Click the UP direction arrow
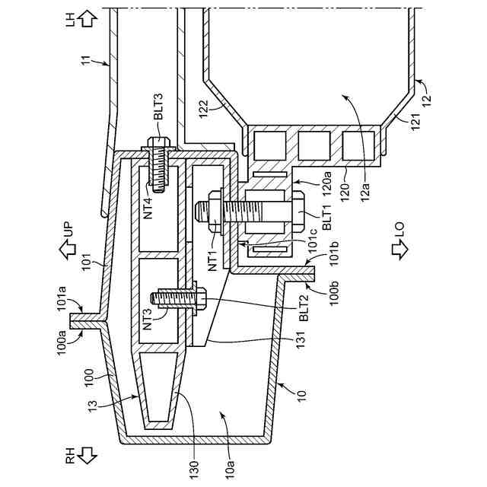pos(68,247)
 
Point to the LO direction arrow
pos(399,248)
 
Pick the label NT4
pos(150,205)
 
